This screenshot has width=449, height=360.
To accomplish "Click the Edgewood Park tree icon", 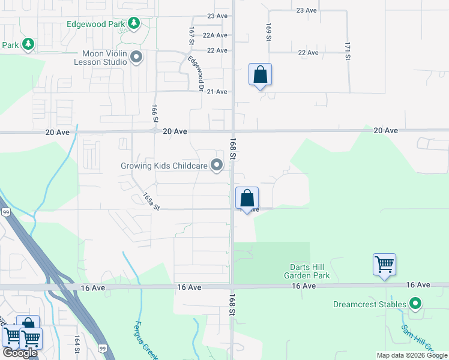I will pyautogui.click(x=134, y=24).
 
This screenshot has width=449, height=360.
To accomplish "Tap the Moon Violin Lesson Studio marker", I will pyautogui.click(x=136, y=58).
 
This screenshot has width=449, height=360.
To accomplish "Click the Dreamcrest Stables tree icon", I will pyautogui.click(x=414, y=304).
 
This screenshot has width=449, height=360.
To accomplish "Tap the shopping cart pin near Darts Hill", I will pyautogui.click(x=384, y=264).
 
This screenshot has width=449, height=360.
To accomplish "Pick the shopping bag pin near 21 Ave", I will pyautogui.click(x=260, y=74).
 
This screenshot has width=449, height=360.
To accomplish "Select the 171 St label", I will pyautogui.click(x=348, y=51).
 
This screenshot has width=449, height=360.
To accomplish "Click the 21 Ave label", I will pyautogui.click(x=217, y=92).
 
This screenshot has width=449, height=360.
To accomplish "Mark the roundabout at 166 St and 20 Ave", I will pyautogui.click(x=155, y=130).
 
